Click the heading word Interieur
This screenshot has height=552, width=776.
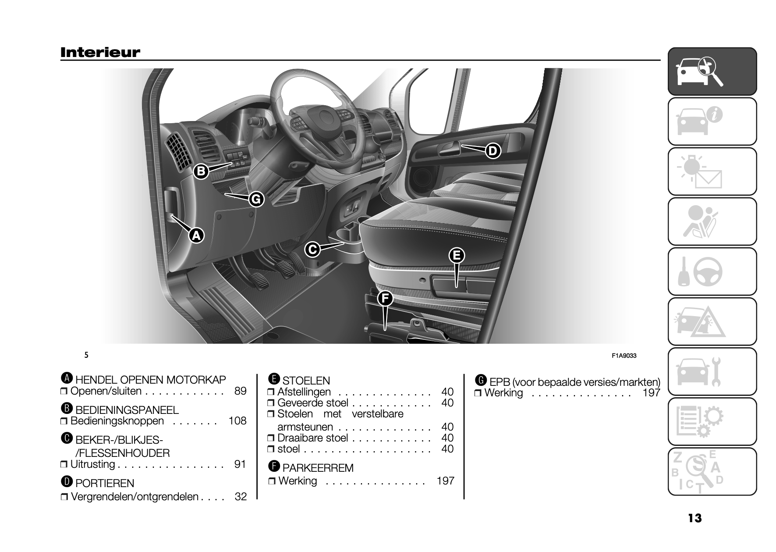pos(100,53)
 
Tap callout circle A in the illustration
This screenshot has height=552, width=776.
pos(196,236)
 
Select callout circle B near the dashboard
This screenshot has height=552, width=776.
pos(201,171)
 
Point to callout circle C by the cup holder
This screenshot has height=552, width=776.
pos(312,249)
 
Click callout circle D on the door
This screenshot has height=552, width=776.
pos(493,151)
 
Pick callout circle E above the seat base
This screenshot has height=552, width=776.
pos(456,255)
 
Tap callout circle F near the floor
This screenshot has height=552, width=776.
pos(385,299)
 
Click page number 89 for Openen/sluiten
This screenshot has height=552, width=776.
pos(240,391)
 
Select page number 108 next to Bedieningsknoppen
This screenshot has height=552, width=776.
pos(237,421)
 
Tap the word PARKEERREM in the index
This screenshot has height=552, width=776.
pos(318,468)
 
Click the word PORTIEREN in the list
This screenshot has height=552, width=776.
pos(105,483)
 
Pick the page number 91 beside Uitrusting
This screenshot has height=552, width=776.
pos(240,464)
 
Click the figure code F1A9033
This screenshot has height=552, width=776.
pos(624,356)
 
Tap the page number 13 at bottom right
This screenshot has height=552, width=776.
pos(695,518)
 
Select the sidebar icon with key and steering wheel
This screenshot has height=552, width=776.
pos(712,271)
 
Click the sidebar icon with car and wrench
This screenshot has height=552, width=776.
pos(712,371)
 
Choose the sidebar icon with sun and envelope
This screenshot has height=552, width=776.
pos(712,171)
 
